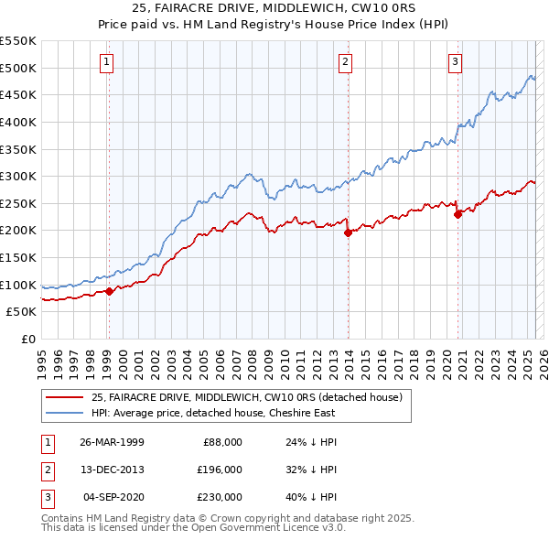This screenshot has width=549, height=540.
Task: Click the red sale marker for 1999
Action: coord(109,291)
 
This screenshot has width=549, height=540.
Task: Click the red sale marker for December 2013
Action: coord(348,232)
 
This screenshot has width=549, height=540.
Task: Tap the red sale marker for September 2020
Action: coord(457,214)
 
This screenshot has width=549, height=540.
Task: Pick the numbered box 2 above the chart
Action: coord(346,62)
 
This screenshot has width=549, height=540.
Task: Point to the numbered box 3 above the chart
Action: coord(455,62)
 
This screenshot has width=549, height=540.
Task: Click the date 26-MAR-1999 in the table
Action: coord(112,442)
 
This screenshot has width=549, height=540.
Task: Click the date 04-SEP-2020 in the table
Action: coord(113,497)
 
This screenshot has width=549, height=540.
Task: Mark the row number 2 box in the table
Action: coord(47,470)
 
